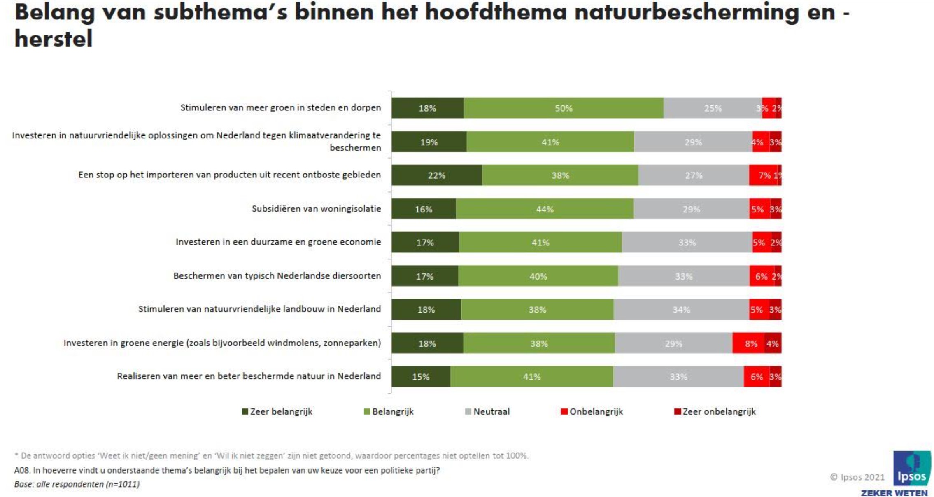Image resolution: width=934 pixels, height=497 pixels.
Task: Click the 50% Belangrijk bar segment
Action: [563, 108]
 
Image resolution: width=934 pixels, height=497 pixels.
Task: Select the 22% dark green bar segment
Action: [436, 175]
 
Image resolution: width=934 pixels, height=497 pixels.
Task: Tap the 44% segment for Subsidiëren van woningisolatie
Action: [544, 209]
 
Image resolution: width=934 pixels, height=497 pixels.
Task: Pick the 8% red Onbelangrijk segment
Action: [748, 343]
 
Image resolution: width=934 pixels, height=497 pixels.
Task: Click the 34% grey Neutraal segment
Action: [681, 310]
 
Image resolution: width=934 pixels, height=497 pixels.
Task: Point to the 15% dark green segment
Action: [421, 377]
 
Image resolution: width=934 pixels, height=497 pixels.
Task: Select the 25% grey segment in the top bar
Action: [713, 108]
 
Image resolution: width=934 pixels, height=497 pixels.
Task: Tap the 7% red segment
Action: [763, 175]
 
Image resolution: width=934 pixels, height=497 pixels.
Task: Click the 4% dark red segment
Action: [773, 343]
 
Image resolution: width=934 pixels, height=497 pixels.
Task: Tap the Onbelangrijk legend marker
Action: [564, 412]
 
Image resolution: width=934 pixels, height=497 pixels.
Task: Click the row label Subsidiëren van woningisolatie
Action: [316, 209]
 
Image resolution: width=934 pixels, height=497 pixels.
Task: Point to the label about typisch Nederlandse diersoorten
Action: [277, 276]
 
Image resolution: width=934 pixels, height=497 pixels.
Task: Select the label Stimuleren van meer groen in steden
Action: [280, 108]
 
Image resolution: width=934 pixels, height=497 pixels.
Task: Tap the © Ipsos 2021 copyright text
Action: [857, 477]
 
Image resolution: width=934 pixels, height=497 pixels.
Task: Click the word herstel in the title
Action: [54, 39]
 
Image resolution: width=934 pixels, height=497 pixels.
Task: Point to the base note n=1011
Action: [77, 484]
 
